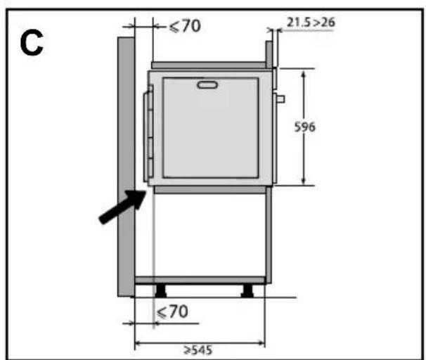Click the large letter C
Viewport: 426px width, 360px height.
(32, 43)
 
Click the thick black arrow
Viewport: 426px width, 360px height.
(123, 207)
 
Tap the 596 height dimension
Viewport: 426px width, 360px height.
(304, 127)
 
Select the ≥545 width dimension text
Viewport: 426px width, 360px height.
(198, 350)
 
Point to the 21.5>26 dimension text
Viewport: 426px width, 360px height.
(311, 22)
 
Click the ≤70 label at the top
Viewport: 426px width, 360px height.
(185, 26)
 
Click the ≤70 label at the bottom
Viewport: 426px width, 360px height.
(172, 311)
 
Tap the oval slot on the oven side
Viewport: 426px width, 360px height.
(207, 85)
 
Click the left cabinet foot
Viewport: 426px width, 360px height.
(160, 290)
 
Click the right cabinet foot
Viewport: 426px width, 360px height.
(247, 290)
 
